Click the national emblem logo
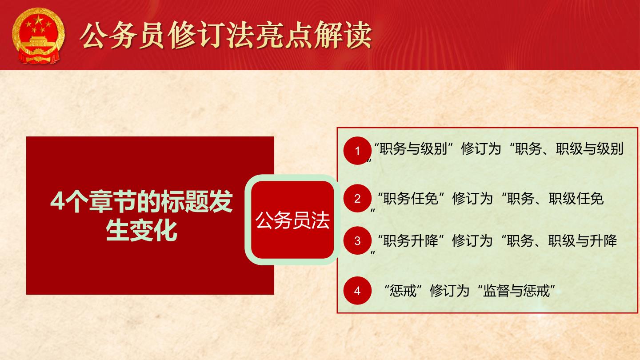39,36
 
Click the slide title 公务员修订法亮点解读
226,35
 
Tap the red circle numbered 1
357,151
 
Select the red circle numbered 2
357,198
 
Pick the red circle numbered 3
357,240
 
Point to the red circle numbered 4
357,291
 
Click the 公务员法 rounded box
292,220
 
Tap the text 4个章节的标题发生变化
141,216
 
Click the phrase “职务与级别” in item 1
414,149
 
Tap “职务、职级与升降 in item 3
559,241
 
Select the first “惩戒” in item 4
403,291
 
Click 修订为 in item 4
450,291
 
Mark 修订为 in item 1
481,149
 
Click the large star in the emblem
38,20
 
